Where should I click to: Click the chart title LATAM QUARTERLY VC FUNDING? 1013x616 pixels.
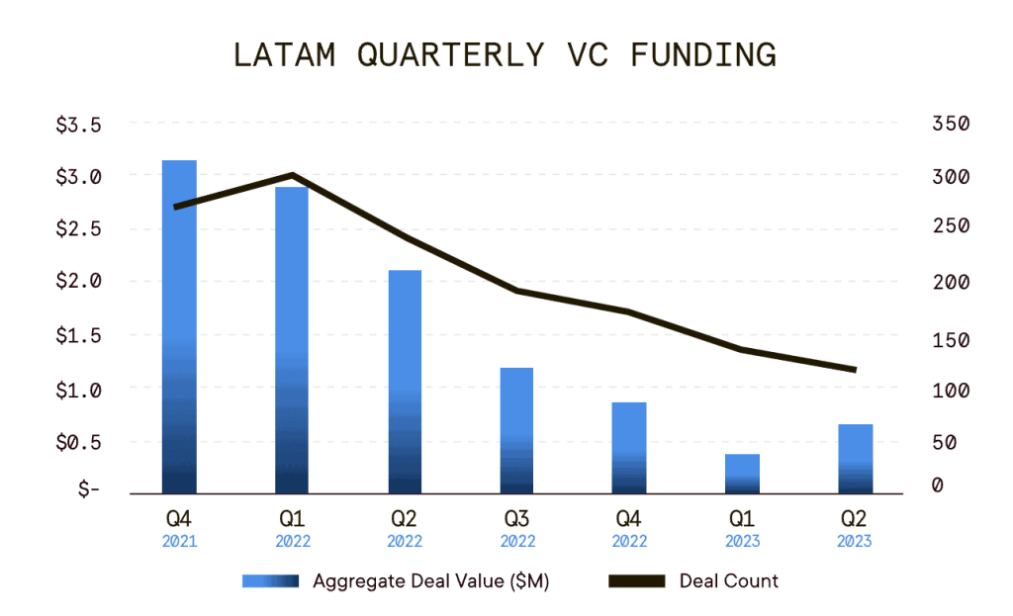[x=505, y=55]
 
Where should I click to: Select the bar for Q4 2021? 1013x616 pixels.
[x=179, y=326]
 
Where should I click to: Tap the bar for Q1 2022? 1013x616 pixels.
[x=292, y=340]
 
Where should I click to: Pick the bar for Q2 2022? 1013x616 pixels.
[x=405, y=382]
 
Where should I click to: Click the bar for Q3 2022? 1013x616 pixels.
[x=516, y=430]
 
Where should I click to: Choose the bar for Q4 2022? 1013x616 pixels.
[x=629, y=448]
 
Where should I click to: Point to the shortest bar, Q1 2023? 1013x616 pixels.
[x=742, y=474]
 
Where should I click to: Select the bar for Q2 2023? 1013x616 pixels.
[x=855, y=459]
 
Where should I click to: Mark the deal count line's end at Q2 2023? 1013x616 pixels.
[x=854, y=370]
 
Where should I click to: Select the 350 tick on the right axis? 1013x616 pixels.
[x=950, y=125]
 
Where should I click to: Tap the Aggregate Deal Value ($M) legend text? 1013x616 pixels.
[x=430, y=581]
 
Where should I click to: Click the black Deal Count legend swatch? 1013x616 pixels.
[x=634, y=581]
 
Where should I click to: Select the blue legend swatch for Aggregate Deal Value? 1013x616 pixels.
[x=270, y=581]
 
